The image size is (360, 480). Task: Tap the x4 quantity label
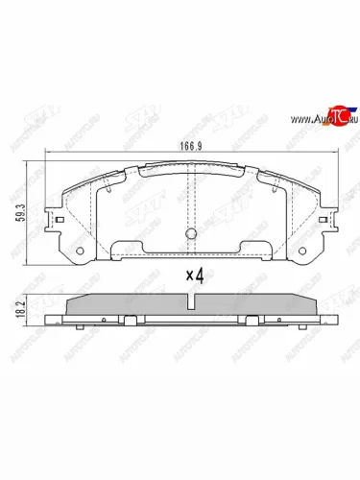pos(195,275)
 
